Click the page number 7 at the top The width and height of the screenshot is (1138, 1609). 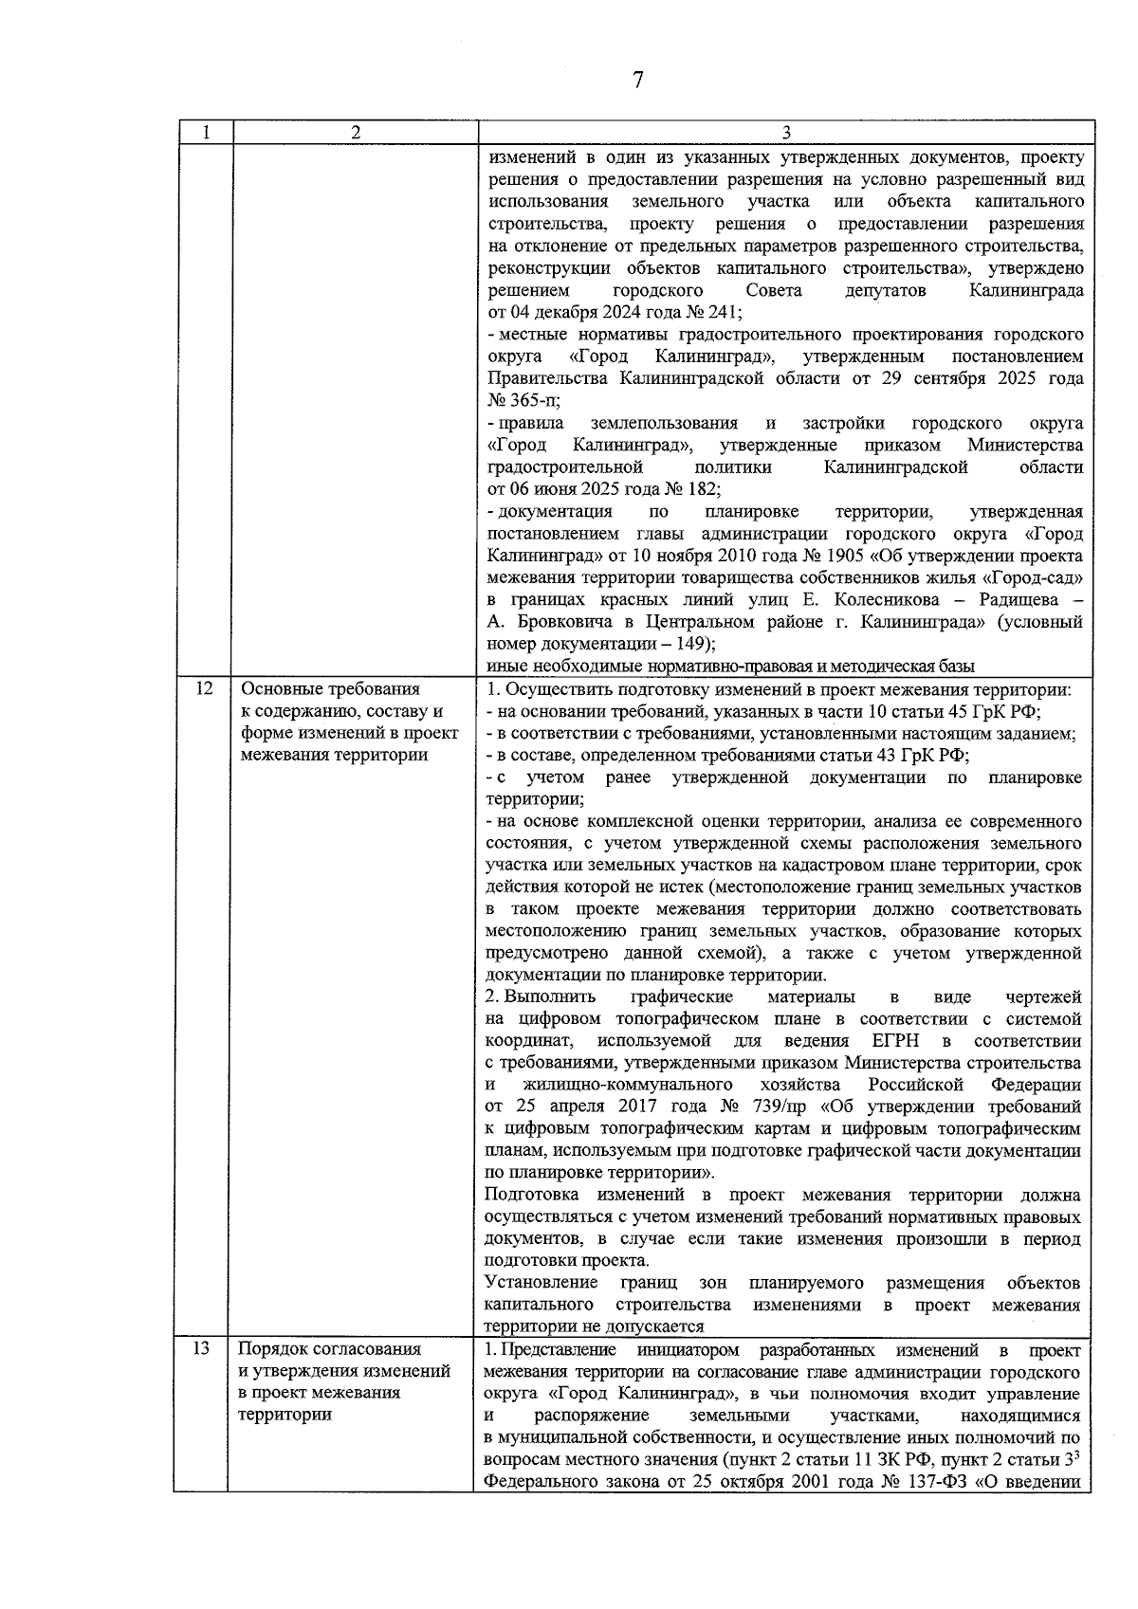637,81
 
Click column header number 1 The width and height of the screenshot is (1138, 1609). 204,133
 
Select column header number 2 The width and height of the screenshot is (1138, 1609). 355,133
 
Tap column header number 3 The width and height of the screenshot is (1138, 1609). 786,133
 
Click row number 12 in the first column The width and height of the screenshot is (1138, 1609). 203,689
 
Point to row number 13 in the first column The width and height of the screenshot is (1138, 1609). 201,1348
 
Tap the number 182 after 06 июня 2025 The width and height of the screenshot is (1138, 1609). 700,489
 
